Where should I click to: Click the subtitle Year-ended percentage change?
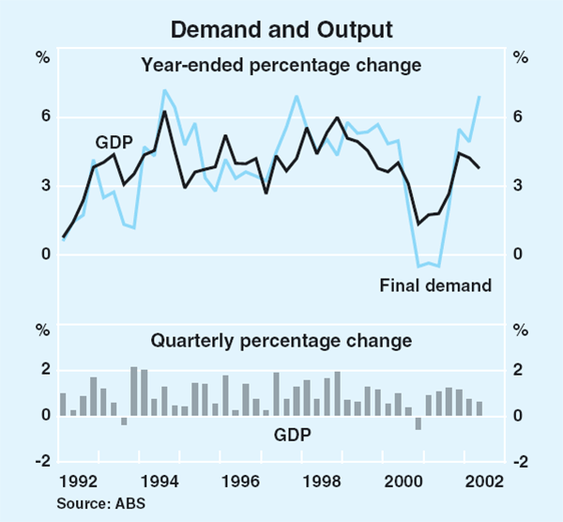pyautogui.click(x=281, y=66)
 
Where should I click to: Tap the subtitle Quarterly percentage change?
pyautogui.click(x=281, y=339)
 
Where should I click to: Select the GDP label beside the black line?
pyautogui.click(x=114, y=143)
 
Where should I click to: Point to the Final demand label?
pyautogui.click(x=435, y=284)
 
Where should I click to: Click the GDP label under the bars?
pyautogui.click(x=292, y=435)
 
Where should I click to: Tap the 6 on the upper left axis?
pyautogui.click(x=43, y=117)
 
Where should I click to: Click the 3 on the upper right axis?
pyautogui.click(x=519, y=186)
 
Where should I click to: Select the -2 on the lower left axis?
pyautogui.click(x=41, y=462)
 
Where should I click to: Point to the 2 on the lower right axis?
pyautogui.click(x=519, y=370)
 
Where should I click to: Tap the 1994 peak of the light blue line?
pyautogui.click(x=164, y=90)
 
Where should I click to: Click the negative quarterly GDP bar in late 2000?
pyautogui.click(x=418, y=422)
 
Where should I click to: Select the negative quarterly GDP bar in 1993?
pyautogui.click(x=124, y=421)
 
